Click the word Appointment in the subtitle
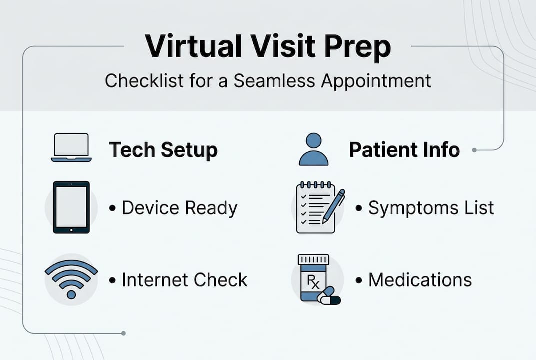(x=376, y=80)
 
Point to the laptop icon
(x=70, y=148)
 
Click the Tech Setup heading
(x=163, y=150)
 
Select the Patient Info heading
(x=404, y=150)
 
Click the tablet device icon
(x=71, y=207)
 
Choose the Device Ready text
(x=179, y=208)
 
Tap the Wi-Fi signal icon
(x=71, y=279)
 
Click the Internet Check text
(x=184, y=280)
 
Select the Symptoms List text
(x=431, y=208)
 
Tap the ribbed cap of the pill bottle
(x=313, y=260)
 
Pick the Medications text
(x=420, y=280)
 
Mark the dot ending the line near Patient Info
(x=474, y=149)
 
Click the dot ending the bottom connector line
(x=123, y=333)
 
